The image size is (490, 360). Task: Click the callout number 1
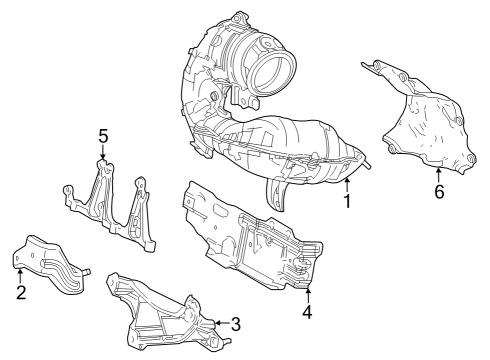click(347, 203)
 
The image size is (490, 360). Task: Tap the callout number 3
click(236, 323)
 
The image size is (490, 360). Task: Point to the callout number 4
click(307, 311)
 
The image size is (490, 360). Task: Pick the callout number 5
click(102, 135)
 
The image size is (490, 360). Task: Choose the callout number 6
click(438, 191)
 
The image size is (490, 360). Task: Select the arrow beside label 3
click(221, 322)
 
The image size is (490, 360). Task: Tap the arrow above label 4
click(307, 293)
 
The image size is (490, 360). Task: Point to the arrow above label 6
click(438, 173)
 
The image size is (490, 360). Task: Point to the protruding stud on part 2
click(88, 270)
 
